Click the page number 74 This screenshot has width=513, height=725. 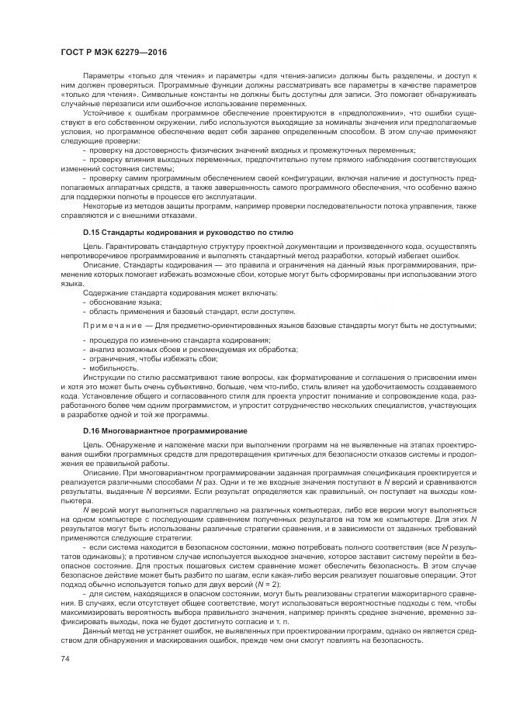point(64,658)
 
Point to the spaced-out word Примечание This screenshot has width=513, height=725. point(109,324)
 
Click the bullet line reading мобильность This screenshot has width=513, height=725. point(110,368)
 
